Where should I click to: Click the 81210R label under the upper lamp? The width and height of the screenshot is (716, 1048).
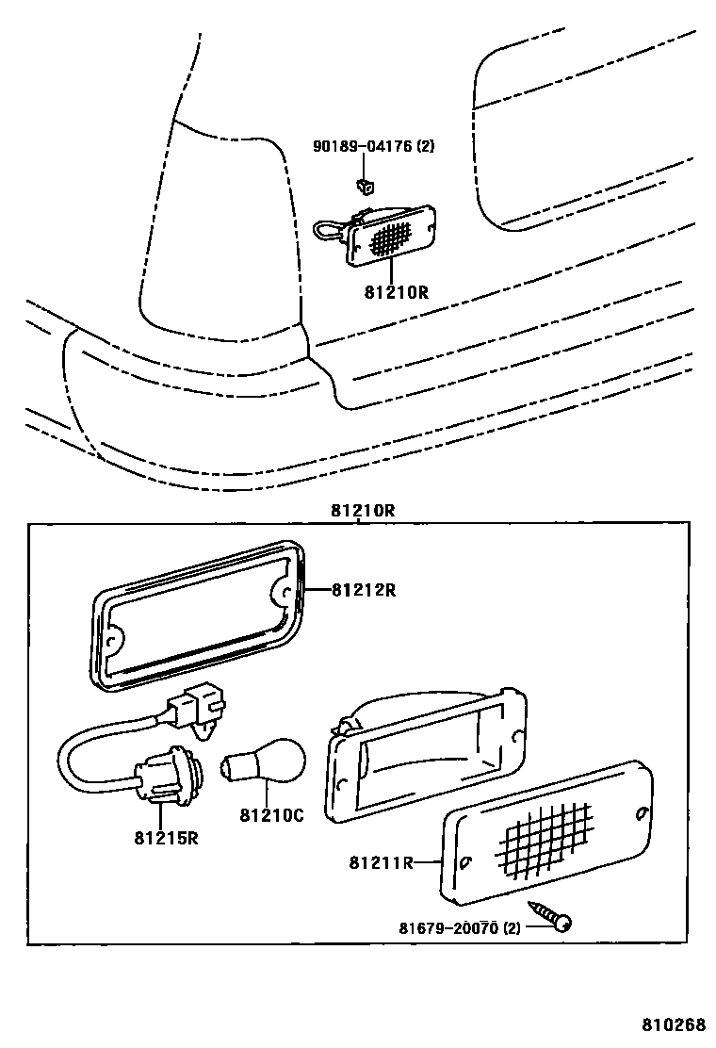[396, 292]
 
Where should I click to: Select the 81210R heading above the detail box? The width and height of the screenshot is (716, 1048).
[362, 511]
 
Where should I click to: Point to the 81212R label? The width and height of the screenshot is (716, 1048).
[363, 591]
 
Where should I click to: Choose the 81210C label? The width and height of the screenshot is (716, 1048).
[270, 815]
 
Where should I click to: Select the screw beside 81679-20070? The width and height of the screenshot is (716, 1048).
[552, 917]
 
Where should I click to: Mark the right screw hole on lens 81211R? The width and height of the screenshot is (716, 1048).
[641, 813]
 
